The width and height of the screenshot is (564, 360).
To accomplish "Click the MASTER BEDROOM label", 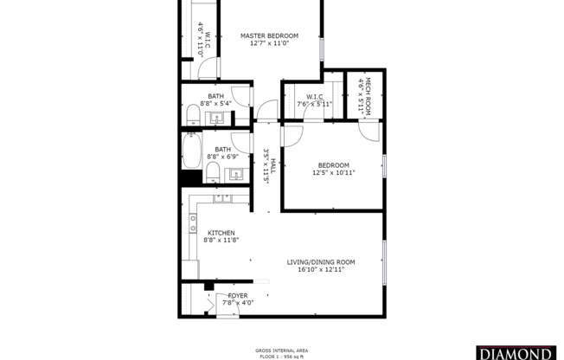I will point(269,35).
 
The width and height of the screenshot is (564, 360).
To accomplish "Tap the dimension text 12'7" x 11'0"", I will point(269,43).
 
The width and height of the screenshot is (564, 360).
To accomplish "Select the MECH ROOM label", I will point(367,91).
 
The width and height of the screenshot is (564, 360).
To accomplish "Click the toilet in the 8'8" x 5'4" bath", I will point(194,115).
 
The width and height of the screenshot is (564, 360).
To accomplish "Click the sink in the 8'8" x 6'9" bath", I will point(234,176).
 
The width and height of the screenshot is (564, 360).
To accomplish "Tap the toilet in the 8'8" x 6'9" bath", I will point(211,171).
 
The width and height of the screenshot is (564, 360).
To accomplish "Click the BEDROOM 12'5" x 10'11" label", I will point(333,165).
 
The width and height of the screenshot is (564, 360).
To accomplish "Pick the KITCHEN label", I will point(221,233).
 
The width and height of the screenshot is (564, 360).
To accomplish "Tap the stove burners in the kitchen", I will point(193,226).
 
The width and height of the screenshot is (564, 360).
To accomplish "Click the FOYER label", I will point(237,295).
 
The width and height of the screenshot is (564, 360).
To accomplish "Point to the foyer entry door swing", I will point(211,305).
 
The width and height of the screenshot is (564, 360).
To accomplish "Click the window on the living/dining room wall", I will point(385,262).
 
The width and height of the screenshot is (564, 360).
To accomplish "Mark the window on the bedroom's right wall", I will point(385,166).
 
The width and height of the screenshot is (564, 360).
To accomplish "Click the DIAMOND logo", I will point(525,353).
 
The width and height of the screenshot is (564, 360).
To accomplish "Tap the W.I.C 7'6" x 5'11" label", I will point(314,97).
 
